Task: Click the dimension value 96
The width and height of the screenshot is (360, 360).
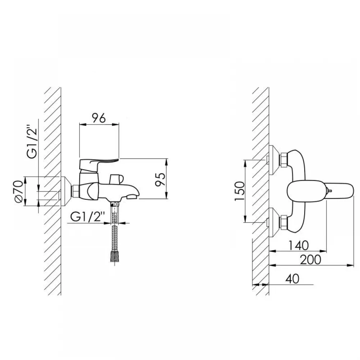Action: [99, 118]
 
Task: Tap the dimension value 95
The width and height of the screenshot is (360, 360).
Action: [161, 179]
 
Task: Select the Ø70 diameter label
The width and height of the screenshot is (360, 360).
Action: [19, 192]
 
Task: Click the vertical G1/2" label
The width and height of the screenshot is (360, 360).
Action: [32, 141]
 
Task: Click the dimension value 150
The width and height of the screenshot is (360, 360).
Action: [240, 191]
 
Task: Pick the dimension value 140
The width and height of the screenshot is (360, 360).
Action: [298, 246]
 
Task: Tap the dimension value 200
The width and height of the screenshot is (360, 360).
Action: [310, 260]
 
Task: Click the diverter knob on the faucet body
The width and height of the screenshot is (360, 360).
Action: [116, 179]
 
